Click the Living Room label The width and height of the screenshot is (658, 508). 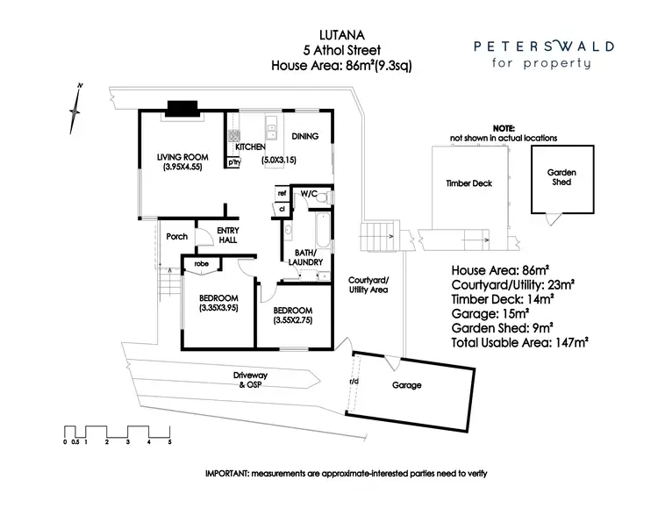click(180, 157)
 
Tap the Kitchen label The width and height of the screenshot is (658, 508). click(249, 147)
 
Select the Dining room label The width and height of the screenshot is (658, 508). click(304, 136)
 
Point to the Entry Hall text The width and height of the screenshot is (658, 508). click(228, 236)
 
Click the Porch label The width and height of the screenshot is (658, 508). click(176, 236)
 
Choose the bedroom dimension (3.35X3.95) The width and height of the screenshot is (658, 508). click(219, 308)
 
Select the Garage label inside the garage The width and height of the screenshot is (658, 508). click(407, 385)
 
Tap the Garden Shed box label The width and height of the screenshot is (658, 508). click(561, 176)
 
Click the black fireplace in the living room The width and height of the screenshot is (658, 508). click(183, 108)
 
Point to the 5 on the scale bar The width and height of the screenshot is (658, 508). click(169, 442)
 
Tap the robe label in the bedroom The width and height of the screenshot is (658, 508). click(201, 263)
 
